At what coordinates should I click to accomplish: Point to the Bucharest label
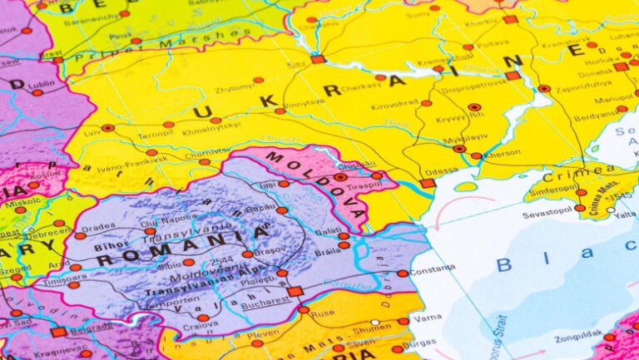point(265,305)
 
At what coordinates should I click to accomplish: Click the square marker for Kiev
point(319,59)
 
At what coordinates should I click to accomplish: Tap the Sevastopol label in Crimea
point(547,213)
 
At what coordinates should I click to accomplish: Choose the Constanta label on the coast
point(433,269)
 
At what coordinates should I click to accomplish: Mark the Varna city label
point(428,317)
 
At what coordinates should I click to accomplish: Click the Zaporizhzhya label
point(582,86)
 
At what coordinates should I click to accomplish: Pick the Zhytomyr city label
point(234,86)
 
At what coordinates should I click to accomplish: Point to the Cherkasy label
point(359,85)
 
